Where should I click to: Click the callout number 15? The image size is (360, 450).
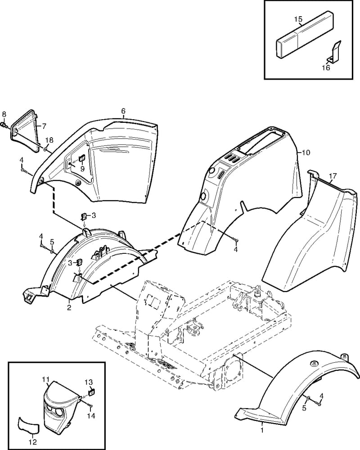[298, 19]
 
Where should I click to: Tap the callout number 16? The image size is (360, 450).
[326, 68]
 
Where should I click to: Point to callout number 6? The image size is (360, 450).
[123, 111]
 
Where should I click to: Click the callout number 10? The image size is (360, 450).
[306, 153]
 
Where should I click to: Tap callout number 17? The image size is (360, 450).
[333, 175]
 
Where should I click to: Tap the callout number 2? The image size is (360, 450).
[69, 308]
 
